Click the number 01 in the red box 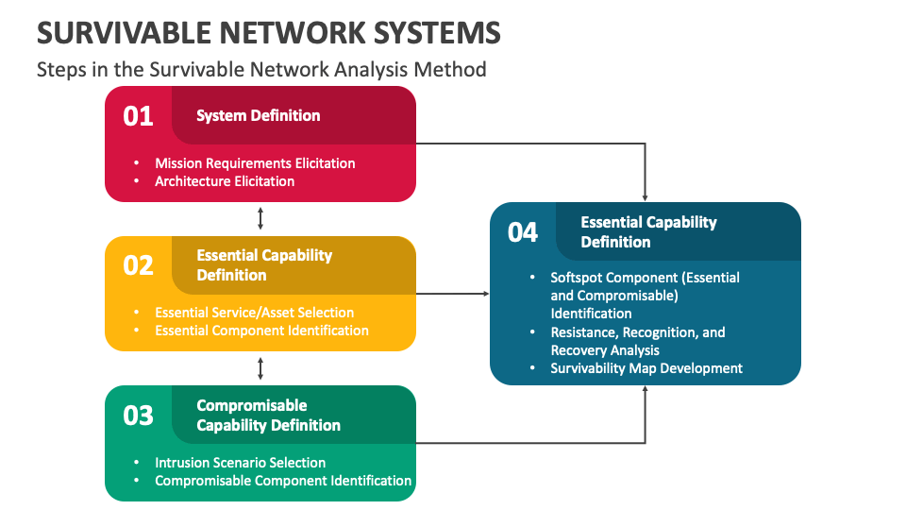(x=138, y=116)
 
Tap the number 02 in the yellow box (x=138, y=265)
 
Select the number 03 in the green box (x=138, y=415)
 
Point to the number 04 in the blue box (x=523, y=232)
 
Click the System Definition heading (x=258, y=115)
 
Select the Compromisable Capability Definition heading (x=268, y=416)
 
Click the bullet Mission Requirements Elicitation (x=255, y=163)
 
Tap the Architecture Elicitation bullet (x=225, y=181)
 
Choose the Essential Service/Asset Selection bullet (x=254, y=313)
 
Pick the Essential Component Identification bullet (x=261, y=331)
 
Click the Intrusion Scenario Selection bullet (x=240, y=463)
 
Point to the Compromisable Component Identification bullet (x=283, y=481)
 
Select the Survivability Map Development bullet (x=646, y=368)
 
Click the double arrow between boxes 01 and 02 (x=260, y=219)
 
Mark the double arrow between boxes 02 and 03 (x=260, y=368)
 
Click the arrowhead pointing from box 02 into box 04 (x=486, y=294)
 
